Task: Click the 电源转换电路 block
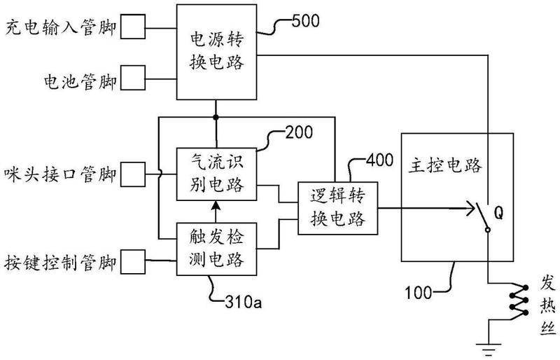[x=216, y=52]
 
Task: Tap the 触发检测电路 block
[x=216, y=249]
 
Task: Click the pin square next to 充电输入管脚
[x=134, y=29]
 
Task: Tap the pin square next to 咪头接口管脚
[x=134, y=172]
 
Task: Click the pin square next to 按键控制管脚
[x=134, y=263]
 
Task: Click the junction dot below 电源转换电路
[x=216, y=117]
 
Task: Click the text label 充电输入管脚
[x=61, y=29]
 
